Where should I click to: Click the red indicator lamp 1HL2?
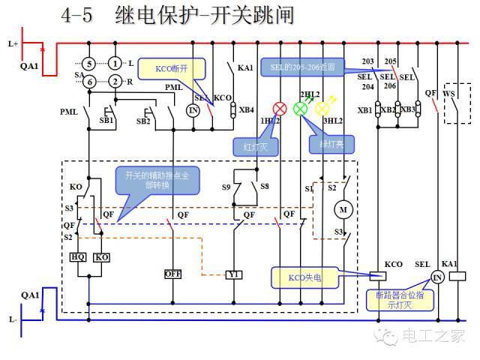(x=280, y=109)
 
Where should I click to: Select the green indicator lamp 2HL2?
(x=300, y=109)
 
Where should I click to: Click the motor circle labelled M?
(x=344, y=209)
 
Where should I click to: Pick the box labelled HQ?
(x=78, y=257)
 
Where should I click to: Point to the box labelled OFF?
(x=173, y=274)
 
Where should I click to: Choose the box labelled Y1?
(x=234, y=274)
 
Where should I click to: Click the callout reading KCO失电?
(x=304, y=277)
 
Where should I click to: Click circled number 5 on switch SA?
(x=88, y=63)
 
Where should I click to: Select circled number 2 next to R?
(x=115, y=81)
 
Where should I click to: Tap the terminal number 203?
(x=367, y=61)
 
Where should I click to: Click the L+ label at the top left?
(x=13, y=43)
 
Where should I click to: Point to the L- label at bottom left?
(x=13, y=319)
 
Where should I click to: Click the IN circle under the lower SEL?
(x=437, y=278)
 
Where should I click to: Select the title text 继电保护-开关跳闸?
(x=205, y=15)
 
